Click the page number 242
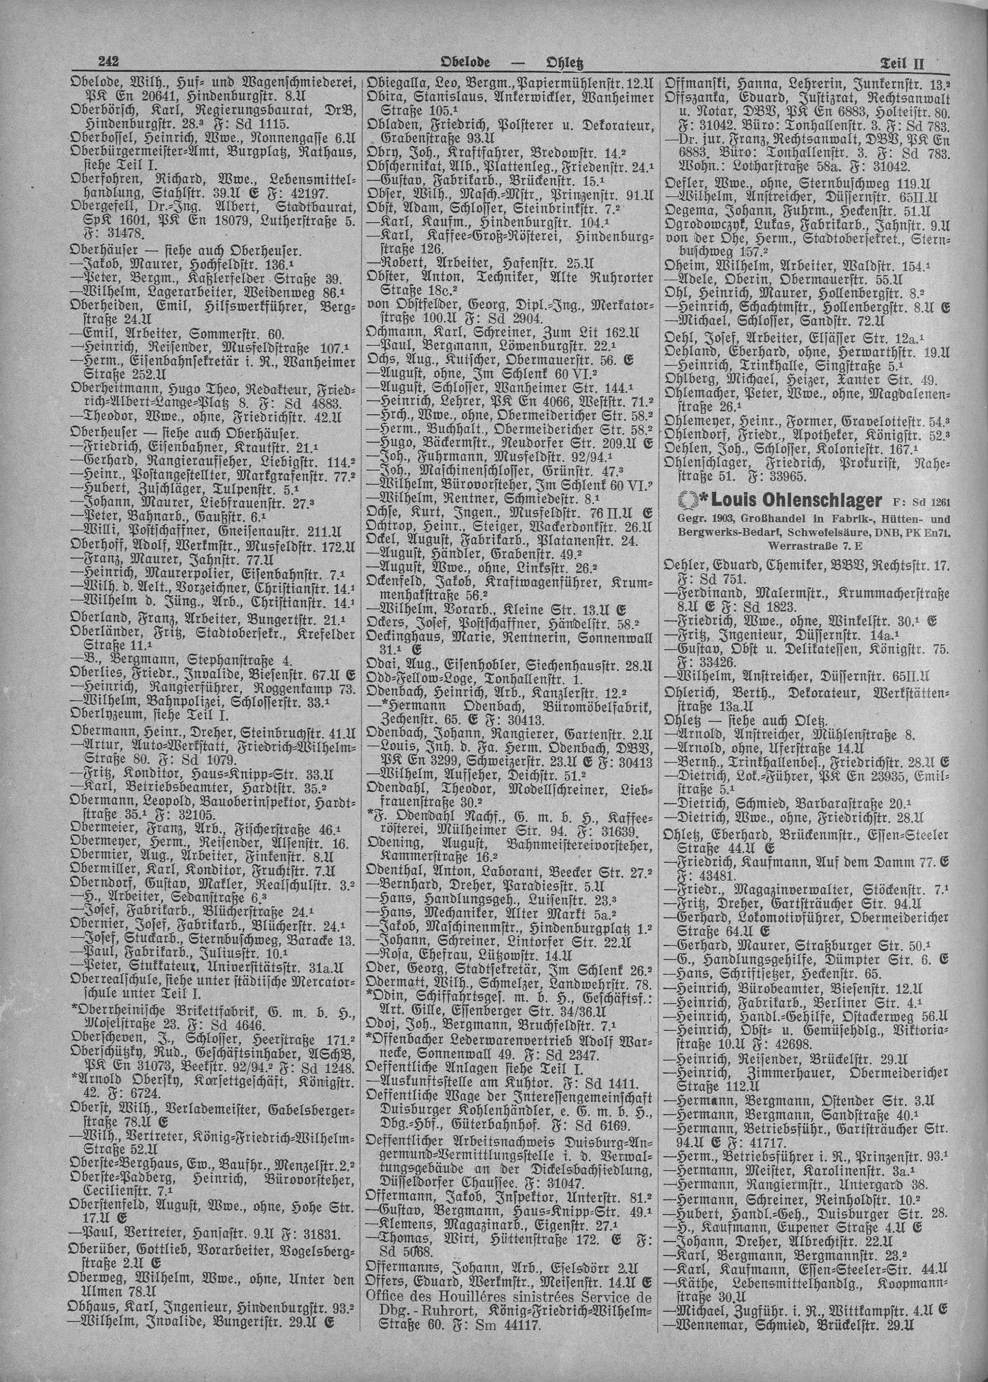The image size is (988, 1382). (x=108, y=62)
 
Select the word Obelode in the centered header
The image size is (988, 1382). (x=465, y=63)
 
